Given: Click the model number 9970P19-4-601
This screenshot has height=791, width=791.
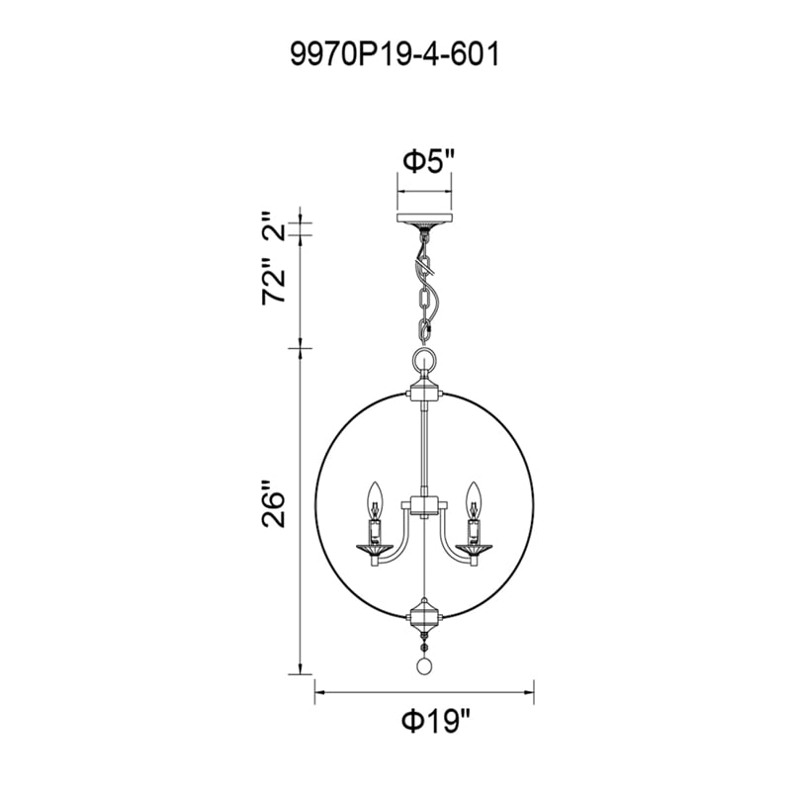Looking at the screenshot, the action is click(x=395, y=54).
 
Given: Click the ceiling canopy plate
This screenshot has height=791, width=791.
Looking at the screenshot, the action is click(x=425, y=219).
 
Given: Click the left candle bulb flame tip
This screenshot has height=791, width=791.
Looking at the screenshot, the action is click(x=374, y=483).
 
